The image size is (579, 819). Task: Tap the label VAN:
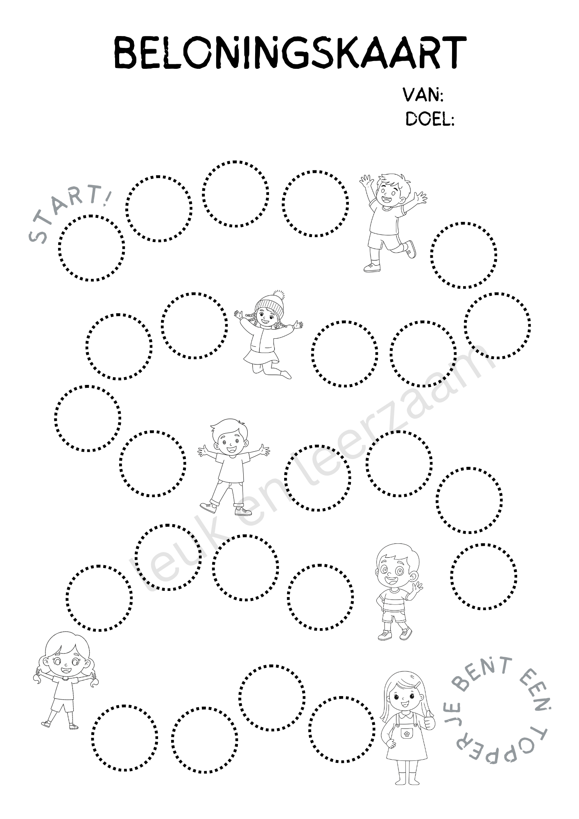(x=423, y=95)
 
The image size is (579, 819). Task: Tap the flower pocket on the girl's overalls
(x=406, y=733)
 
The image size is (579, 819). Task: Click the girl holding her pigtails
(x=66, y=680)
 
